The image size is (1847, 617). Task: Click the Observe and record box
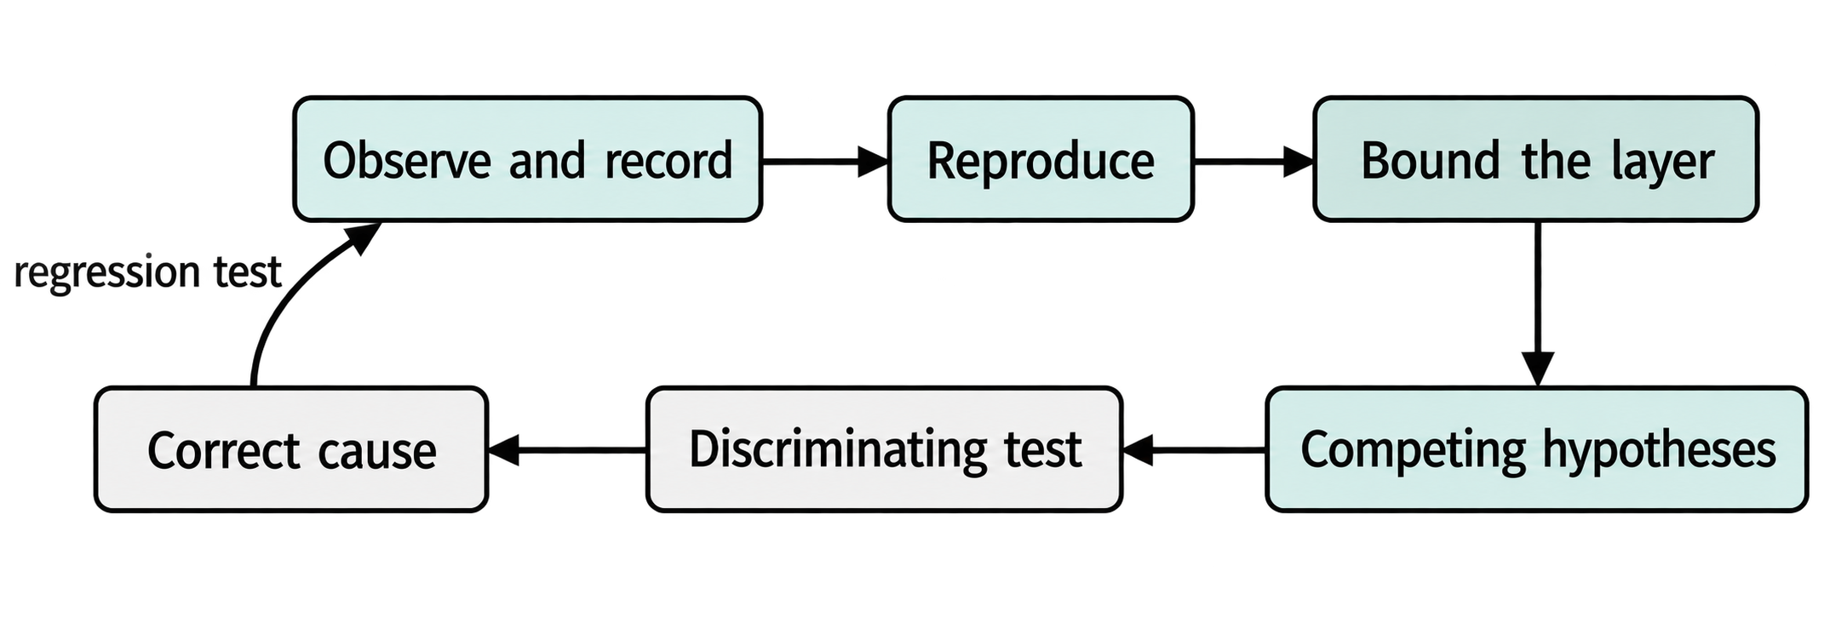tap(527, 159)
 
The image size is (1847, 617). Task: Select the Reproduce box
tap(1041, 159)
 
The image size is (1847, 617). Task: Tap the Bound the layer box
tap(1536, 159)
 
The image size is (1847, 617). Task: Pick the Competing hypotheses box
tap(1537, 449)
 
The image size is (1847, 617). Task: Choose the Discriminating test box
tap(884, 449)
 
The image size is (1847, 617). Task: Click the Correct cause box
tap(291, 449)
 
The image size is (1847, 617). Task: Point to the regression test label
tap(147, 273)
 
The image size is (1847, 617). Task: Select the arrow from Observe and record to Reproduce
tap(825, 160)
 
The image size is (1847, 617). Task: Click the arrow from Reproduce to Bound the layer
tap(1253, 160)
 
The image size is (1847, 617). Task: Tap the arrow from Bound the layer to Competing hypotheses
tap(1538, 304)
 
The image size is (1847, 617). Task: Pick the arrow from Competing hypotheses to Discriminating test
tap(1194, 449)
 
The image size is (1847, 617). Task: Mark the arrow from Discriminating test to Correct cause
tap(567, 449)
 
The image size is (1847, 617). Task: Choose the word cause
tap(376, 452)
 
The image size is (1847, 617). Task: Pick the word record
tap(668, 160)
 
